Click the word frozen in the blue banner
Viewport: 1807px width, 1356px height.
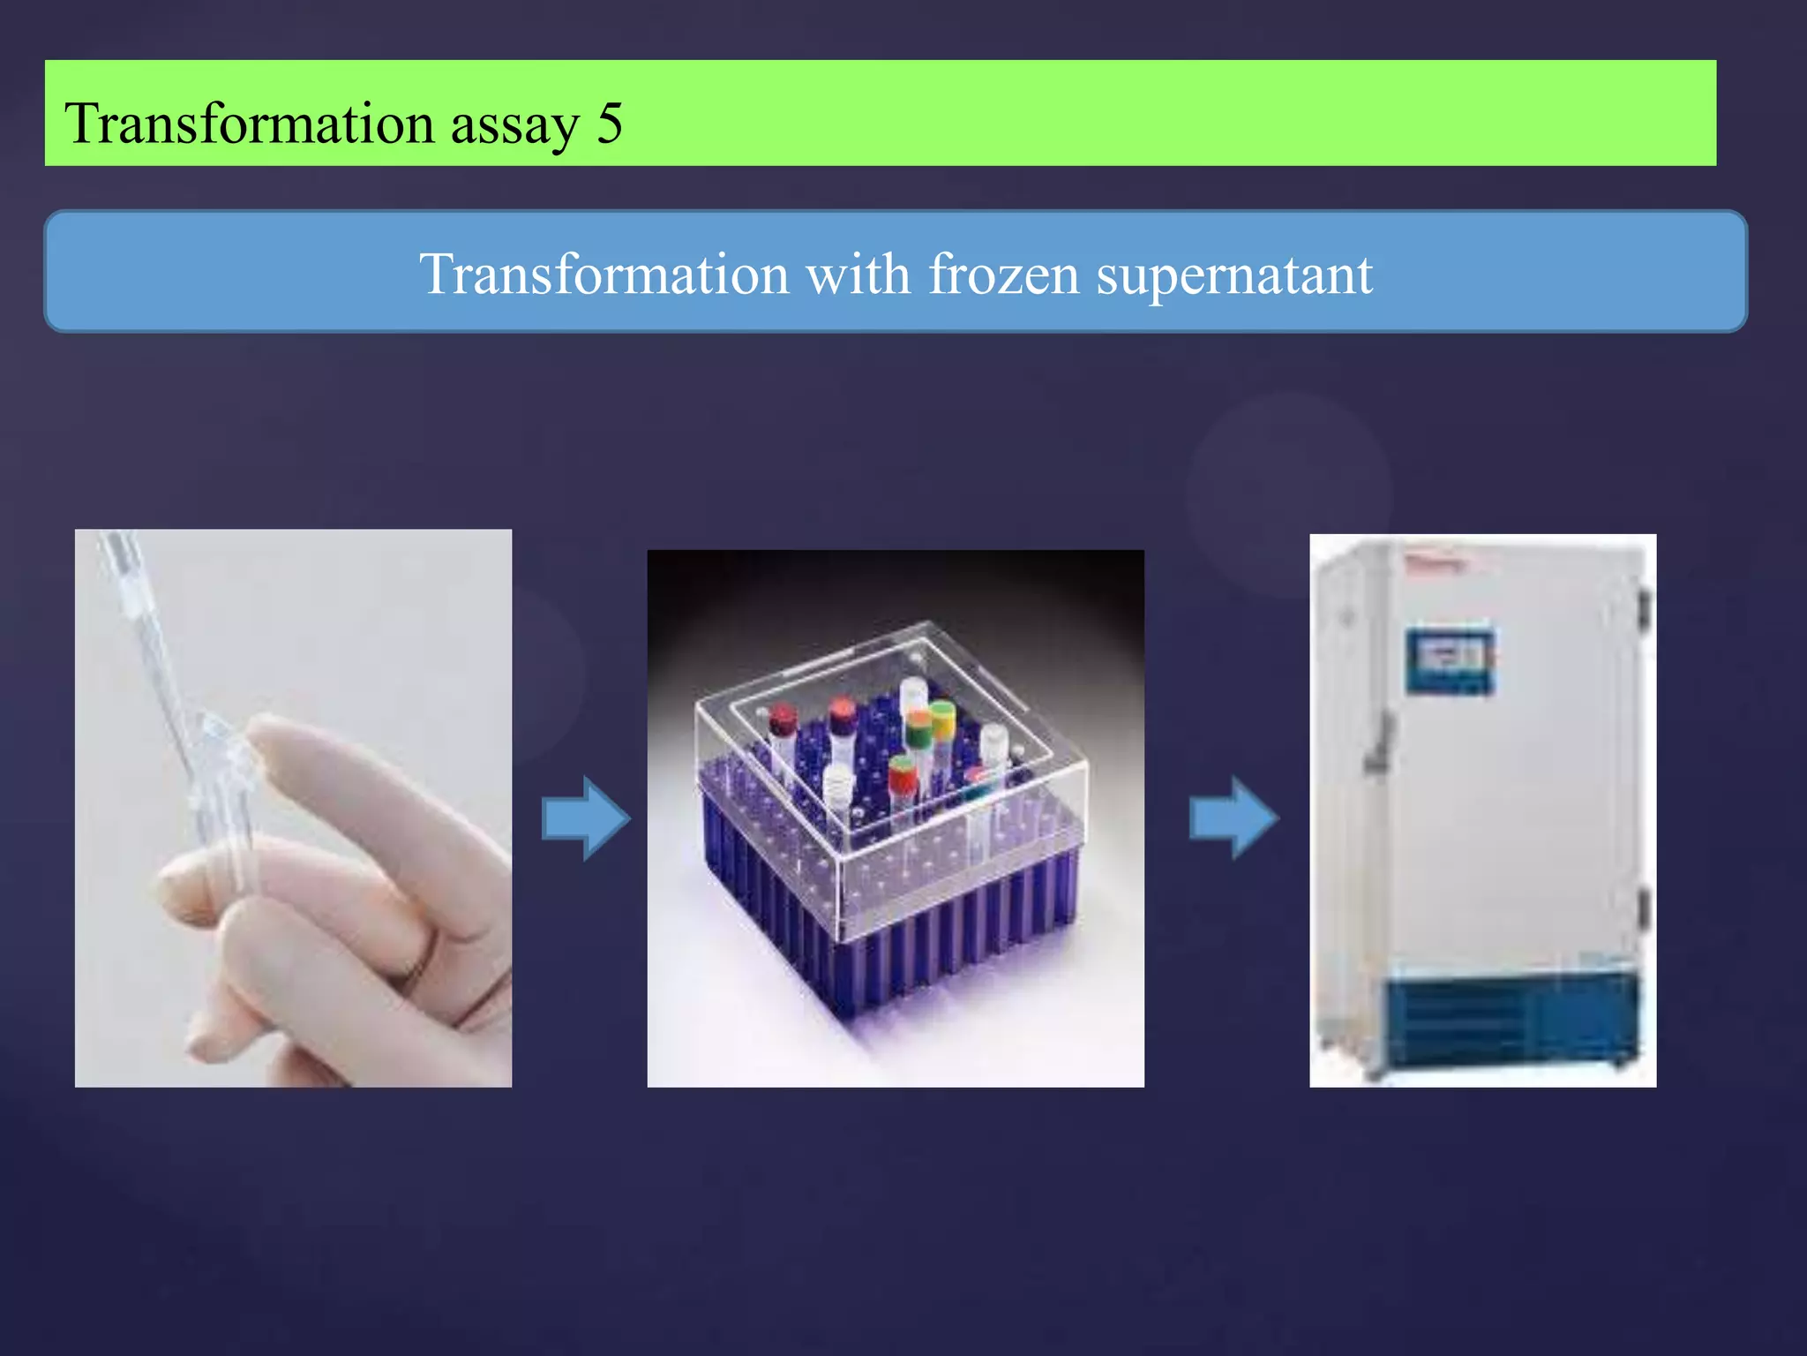pyautogui.click(x=1004, y=275)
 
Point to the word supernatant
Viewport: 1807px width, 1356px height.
pyautogui.click(x=1233, y=276)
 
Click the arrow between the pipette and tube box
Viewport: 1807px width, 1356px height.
pyautogui.click(x=585, y=817)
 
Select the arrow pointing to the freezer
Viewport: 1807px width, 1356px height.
pyautogui.click(x=1233, y=817)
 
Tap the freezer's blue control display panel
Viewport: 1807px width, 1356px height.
pyautogui.click(x=1450, y=659)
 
